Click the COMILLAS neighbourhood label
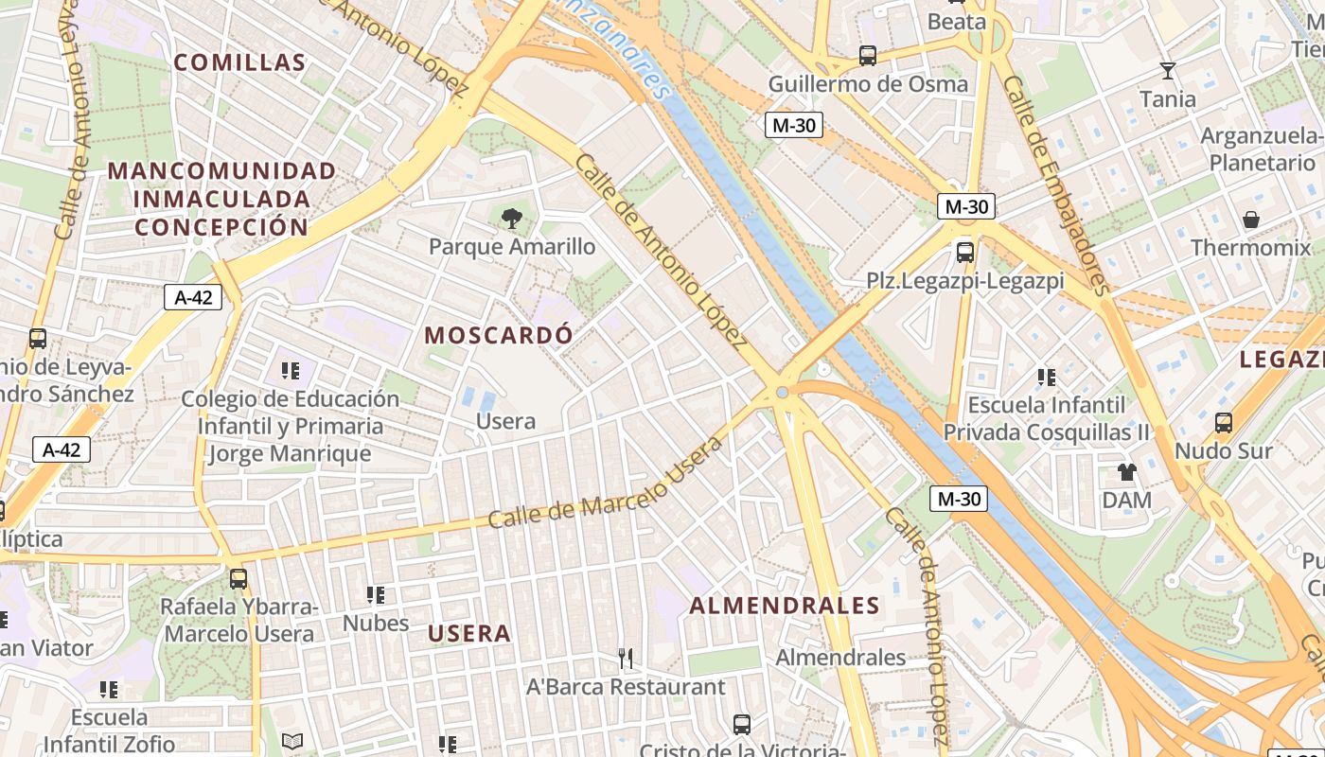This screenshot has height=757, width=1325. tap(240, 63)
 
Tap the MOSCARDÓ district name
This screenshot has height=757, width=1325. tap(499, 335)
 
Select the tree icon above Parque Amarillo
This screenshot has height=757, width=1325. tap(511, 219)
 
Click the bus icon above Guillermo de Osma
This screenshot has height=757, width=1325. tap(867, 56)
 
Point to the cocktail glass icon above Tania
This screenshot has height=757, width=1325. tap(1167, 71)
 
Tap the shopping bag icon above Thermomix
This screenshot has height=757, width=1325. tap(1251, 220)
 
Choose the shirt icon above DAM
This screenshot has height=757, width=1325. tap(1126, 471)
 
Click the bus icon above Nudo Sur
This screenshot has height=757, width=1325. tap(1223, 422)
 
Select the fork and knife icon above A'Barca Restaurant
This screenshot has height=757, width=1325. tap(625, 658)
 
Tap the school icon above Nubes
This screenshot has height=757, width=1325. tap(376, 595)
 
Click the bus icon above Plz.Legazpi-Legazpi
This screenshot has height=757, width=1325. tap(964, 253)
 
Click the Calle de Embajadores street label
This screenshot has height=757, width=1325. tap(1054, 185)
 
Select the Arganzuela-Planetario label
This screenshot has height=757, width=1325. tap(1262, 150)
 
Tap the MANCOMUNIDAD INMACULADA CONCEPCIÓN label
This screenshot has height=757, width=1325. tap(221, 199)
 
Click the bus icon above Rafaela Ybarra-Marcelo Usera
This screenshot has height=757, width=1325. tap(238, 578)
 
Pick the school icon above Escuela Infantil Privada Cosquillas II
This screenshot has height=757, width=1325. tap(1046, 378)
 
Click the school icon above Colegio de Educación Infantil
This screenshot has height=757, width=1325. tap(290, 371)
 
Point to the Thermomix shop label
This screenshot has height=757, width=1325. tap(1252, 248)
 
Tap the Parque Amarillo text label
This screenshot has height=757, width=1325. tap(512, 247)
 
